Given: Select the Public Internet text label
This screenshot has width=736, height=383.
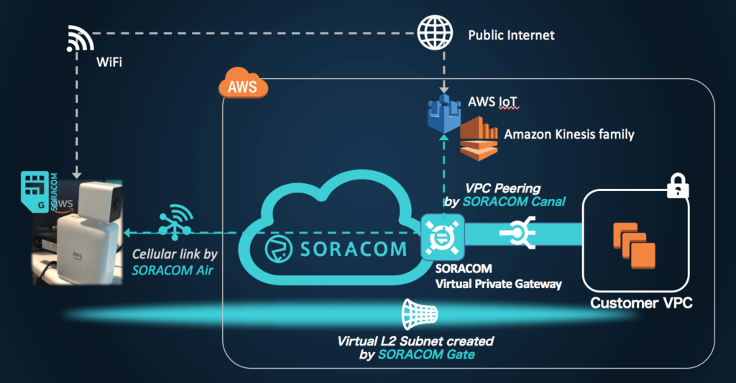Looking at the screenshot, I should (x=511, y=34).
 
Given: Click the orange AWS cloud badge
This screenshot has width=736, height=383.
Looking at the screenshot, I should (x=241, y=86).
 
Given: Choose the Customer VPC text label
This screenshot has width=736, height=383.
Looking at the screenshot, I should (x=641, y=303).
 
